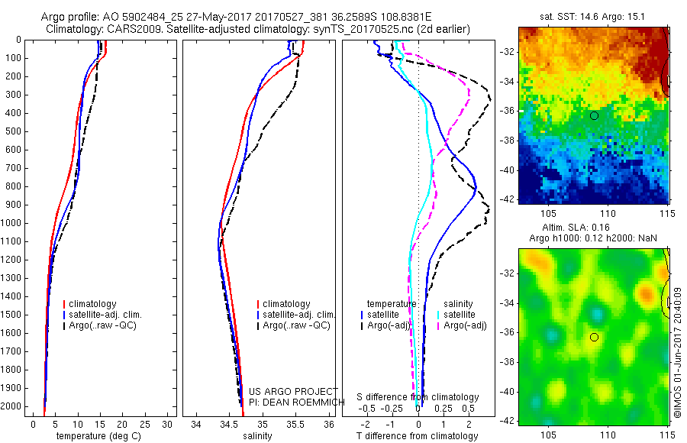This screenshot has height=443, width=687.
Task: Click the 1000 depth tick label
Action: click(x=12, y=223)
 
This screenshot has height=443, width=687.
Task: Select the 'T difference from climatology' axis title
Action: click(x=417, y=436)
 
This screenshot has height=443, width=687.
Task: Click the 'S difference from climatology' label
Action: click(x=418, y=397)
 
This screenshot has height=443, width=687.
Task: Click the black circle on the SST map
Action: click(x=594, y=115)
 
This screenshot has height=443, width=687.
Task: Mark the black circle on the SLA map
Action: click(x=594, y=337)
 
